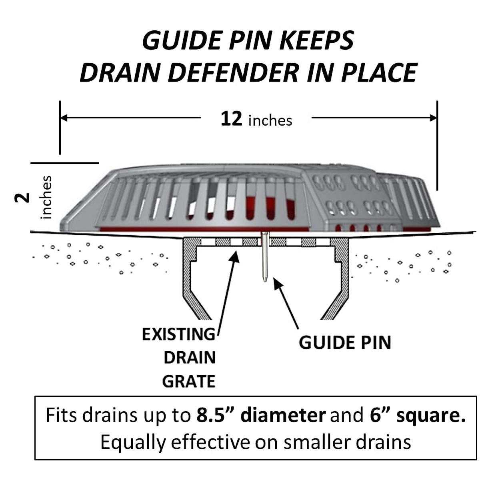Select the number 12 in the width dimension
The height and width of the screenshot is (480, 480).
231,119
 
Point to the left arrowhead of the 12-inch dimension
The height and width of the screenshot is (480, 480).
63,118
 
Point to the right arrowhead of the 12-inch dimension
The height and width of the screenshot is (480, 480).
434,118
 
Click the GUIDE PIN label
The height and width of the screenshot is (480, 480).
345,343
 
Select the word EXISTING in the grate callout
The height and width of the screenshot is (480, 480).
178,334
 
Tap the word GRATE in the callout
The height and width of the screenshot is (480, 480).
189,382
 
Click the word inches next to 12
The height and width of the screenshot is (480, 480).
270,120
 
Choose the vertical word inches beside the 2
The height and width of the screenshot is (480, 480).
46,197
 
